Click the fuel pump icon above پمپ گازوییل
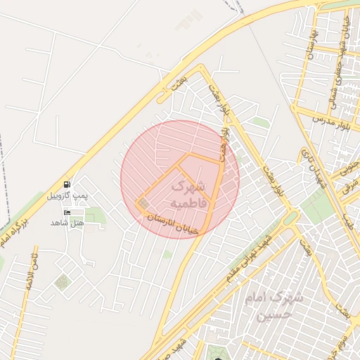67,184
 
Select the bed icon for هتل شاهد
67,212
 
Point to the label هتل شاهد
67,223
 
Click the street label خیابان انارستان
173,224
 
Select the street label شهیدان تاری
314,167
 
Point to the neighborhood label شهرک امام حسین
274,307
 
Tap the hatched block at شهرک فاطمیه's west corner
144,205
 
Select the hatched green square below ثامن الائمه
63,283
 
